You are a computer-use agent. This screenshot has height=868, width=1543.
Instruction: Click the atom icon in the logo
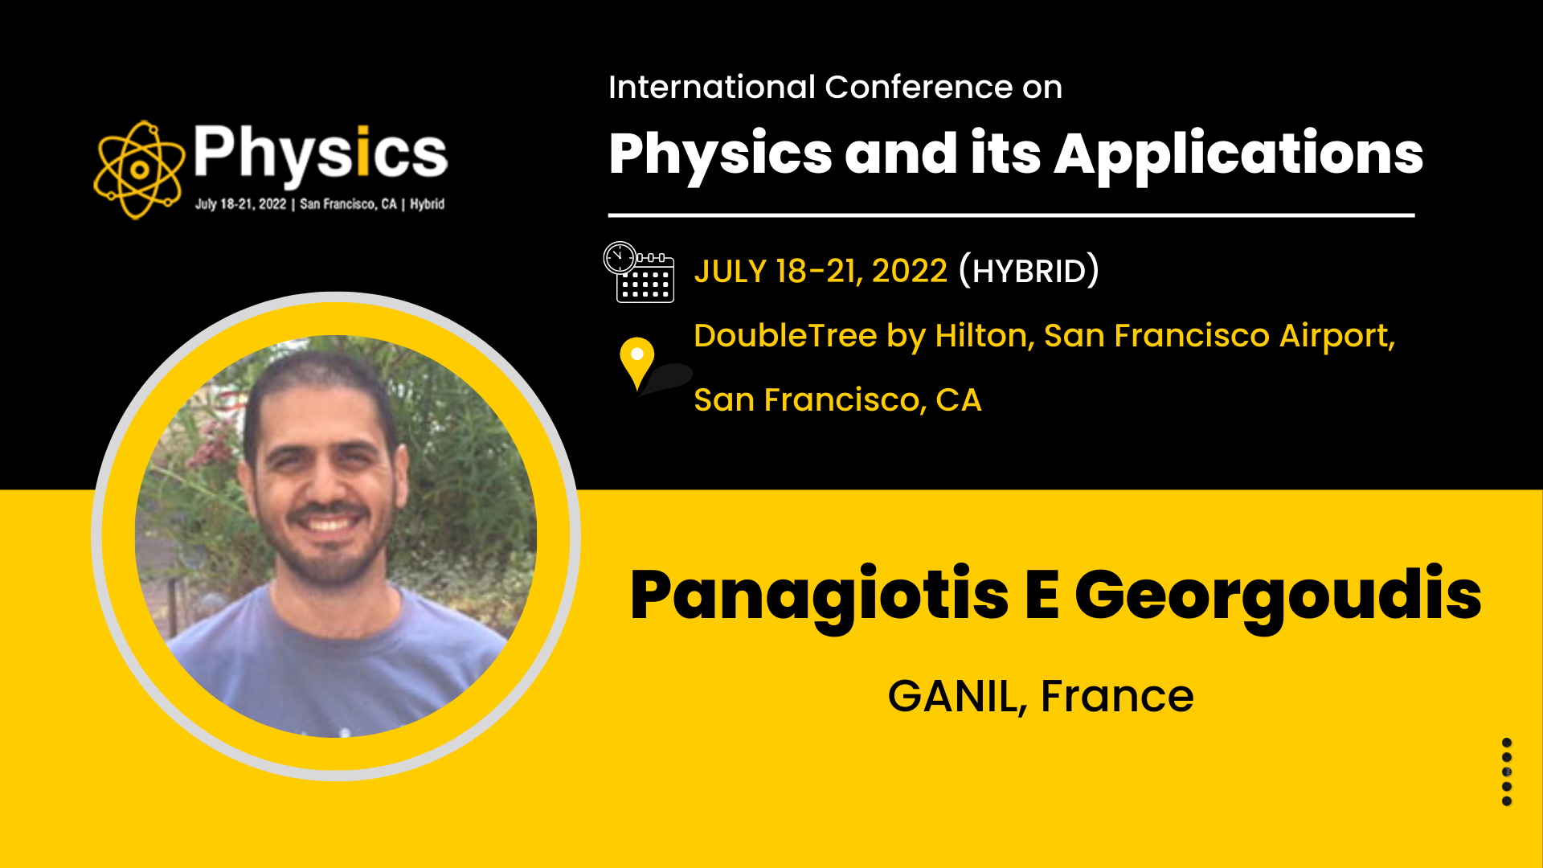(139, 170)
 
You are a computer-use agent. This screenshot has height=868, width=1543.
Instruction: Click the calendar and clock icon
(639, 272)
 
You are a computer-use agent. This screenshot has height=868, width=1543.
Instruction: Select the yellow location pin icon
(637, 363)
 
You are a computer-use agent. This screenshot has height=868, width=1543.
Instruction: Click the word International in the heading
(712, 87)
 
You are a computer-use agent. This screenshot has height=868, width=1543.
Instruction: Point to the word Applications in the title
(1238, 155)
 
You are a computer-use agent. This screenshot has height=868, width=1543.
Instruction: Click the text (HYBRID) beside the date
(1029, 271)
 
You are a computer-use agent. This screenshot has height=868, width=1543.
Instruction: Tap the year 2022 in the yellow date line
(910, 272)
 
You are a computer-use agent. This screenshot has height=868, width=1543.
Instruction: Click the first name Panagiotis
(819, 596)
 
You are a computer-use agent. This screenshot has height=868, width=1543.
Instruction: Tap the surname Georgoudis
(1278, 596)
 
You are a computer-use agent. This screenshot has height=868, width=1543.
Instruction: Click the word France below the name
(1117, 696)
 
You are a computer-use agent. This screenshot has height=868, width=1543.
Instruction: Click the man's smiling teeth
(328, 524)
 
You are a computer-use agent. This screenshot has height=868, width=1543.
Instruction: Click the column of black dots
(1507, 772)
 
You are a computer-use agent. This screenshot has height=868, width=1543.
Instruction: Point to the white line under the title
(1011, 215)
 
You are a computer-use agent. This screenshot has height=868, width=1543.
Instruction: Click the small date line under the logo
(320, 204)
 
